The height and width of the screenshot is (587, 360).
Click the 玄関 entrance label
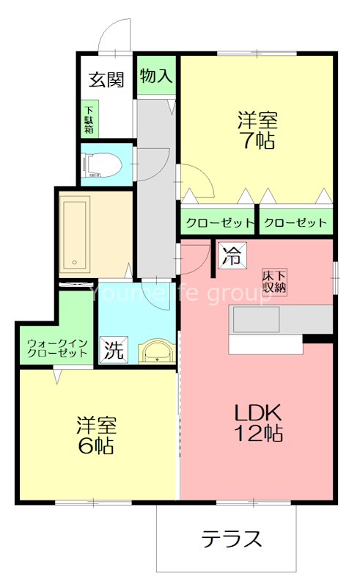tap(106, 80)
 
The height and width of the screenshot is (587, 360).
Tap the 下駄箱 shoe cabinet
tap(88, 120)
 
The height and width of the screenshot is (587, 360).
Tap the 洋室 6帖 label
tap(95, 435)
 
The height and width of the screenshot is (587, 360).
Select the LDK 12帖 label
tap(257, 422)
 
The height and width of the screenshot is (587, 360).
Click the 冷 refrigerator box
tap(230, 258)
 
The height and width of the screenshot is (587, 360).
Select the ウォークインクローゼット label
tap(57, 347)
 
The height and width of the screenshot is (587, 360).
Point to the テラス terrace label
tap(231, 540)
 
